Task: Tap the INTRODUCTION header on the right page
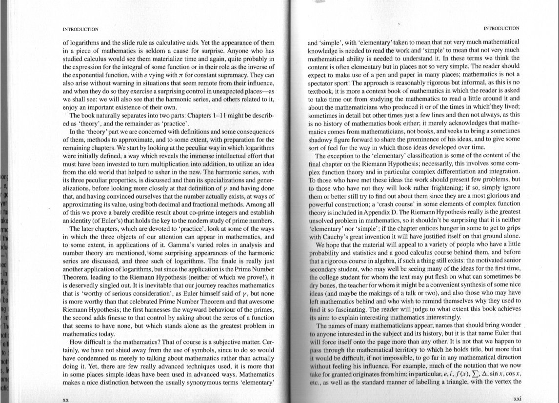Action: (501, 28)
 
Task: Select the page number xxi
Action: (518, 399)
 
